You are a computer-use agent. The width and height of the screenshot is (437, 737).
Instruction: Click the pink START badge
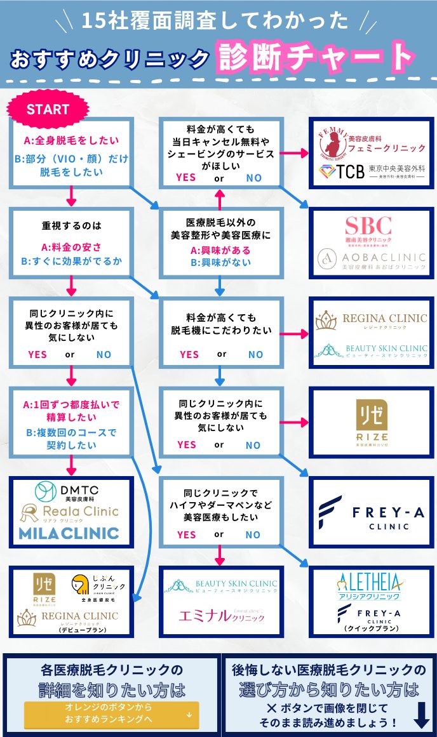(48, 109)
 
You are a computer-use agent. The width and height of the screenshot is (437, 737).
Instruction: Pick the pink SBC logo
(368, 229)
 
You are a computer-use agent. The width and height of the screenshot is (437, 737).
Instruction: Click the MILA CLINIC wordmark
(69, 532)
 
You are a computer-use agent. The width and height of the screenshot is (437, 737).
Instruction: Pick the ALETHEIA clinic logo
(370, 584)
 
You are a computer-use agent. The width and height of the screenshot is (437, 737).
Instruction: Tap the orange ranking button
(111, 714)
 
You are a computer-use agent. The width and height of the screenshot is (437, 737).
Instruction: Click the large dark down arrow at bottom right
(422, 715)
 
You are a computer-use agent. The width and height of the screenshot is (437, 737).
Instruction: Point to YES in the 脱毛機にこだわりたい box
(189, 354)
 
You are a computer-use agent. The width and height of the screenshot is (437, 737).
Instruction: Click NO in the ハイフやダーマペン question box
(253, 534)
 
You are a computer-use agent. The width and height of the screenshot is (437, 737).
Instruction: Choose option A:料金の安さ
(71, 247)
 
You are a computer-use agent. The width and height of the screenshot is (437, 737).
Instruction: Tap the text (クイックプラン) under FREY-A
(371, 628)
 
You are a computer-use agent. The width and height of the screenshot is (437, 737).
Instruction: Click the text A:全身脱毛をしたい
(71, 140)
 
